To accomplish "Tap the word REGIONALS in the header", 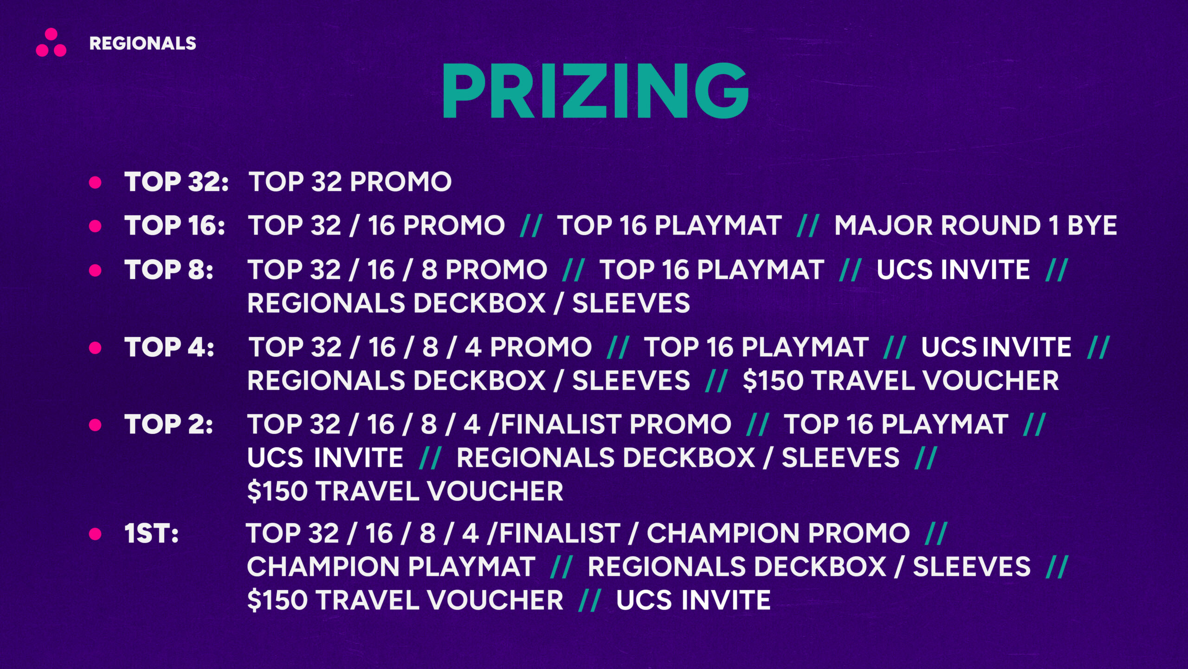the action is pos(143,43).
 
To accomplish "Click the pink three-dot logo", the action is pos(51,42).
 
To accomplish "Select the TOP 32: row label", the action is pos(176,181).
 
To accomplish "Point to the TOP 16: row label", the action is pos(175,225).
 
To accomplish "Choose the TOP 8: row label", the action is pos(169,269).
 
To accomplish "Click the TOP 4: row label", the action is pos(169,347).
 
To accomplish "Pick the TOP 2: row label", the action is pos(169,424).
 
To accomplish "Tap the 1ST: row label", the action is pos(151,533).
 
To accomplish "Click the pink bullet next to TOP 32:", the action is pos(95,182).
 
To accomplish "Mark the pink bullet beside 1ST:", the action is pos(95,534).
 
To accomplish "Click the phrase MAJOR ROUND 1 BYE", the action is pos(975,225).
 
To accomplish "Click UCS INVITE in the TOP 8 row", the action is pos(953,269).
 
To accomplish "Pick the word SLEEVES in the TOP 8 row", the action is pos(631,303).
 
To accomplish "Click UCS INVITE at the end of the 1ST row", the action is pos(693,600).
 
